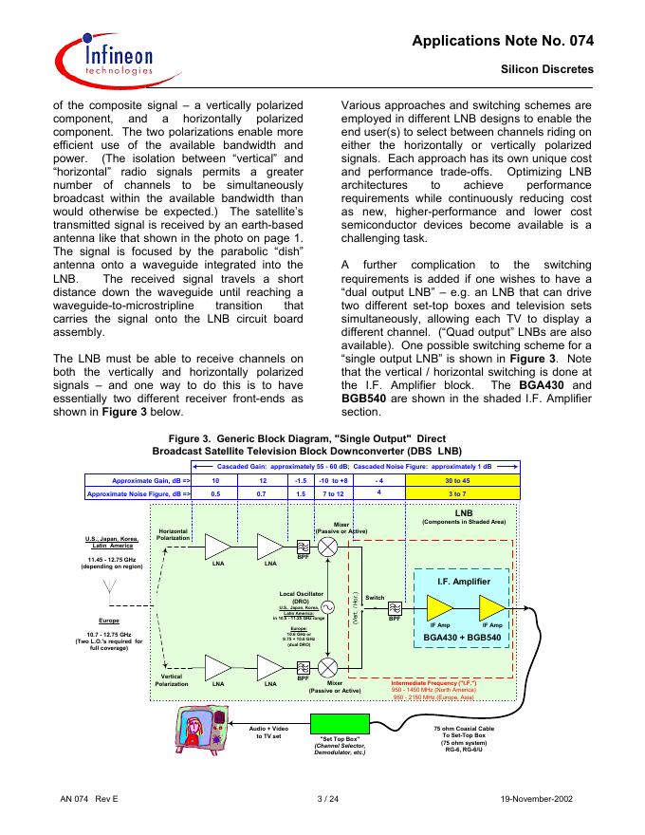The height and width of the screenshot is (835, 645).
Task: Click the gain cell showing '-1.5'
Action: [301, 481]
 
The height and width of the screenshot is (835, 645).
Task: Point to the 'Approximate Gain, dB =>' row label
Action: [138, 481]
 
